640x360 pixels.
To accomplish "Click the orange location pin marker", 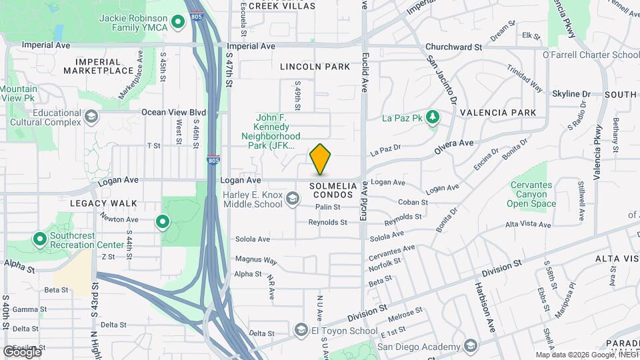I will [x=321, y=159].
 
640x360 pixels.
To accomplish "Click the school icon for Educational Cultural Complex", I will [x=91, y=118].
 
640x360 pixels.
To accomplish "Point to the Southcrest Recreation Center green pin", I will [x=39, y=238].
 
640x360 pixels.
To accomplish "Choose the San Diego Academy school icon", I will [x=471, y=346].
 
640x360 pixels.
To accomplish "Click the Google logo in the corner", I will [x=22, y=351].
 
